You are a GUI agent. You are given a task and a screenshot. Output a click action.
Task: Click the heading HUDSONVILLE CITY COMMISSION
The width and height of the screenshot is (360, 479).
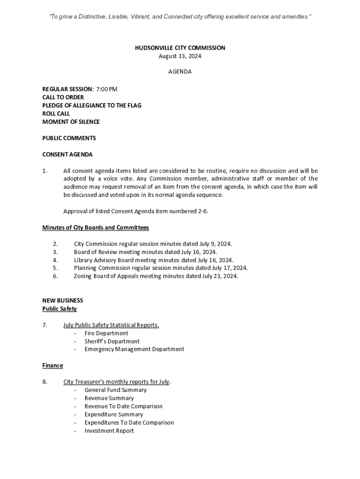180,48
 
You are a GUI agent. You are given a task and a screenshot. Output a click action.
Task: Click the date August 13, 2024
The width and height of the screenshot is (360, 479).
180,56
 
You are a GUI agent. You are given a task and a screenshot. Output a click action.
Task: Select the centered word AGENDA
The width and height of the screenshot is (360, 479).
180,72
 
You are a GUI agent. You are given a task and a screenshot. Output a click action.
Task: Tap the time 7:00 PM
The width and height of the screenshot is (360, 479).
107,89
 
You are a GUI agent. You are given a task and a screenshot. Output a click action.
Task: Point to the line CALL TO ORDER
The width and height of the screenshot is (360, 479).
63,97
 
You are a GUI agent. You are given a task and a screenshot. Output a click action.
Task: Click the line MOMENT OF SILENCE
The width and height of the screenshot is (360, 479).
71,122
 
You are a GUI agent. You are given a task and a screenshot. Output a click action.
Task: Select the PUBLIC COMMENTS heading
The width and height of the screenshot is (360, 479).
69,138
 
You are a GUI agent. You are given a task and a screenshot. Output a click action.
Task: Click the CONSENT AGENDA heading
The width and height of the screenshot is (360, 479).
67,154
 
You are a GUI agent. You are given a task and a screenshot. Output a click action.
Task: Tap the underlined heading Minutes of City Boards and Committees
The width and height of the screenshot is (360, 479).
95,228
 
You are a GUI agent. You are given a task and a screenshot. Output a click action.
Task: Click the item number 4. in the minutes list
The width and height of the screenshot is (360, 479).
55,260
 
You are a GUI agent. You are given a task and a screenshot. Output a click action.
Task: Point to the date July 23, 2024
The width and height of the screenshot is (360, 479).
221,276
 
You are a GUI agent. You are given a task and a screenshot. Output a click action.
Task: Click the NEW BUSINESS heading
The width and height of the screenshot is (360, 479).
63,300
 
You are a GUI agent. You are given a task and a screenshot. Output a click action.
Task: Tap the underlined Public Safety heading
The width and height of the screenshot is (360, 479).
59,309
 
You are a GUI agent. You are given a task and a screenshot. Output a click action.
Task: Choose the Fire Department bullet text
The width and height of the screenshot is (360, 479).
106,333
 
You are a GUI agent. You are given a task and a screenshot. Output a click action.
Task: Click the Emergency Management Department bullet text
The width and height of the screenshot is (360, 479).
134,349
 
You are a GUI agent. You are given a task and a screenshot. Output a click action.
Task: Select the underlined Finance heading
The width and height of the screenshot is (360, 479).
53,365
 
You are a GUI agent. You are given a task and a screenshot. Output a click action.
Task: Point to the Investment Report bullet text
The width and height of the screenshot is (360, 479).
109,431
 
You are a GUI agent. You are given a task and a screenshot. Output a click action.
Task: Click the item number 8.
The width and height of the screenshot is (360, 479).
45,382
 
